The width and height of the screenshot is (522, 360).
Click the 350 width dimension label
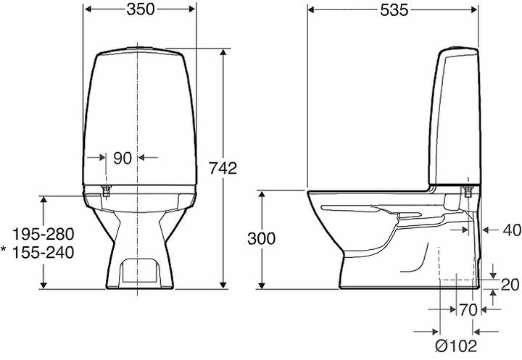point(140,10)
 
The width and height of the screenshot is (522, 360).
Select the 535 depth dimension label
point(392,10)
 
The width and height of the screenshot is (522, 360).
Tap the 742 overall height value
point(222,168)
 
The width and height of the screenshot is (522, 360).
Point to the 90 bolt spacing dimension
point(122,157)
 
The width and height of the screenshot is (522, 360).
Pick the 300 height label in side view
point(260,239)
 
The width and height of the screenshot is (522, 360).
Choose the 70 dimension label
point(468,309)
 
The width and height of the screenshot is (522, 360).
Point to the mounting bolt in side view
point(468,191)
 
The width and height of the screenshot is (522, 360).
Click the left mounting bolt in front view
point(106,191)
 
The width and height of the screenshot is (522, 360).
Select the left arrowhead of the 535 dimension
point(312,10)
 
